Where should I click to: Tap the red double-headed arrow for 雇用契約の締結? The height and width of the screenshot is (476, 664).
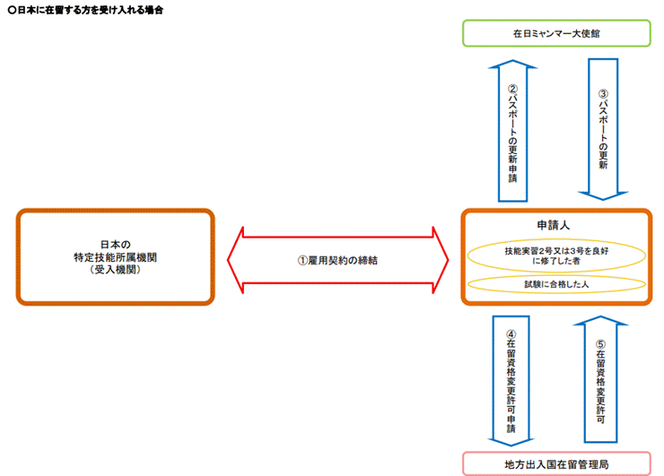click(x=337, y=261)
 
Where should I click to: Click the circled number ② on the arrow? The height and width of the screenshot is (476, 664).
click(x=512, y=90)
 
